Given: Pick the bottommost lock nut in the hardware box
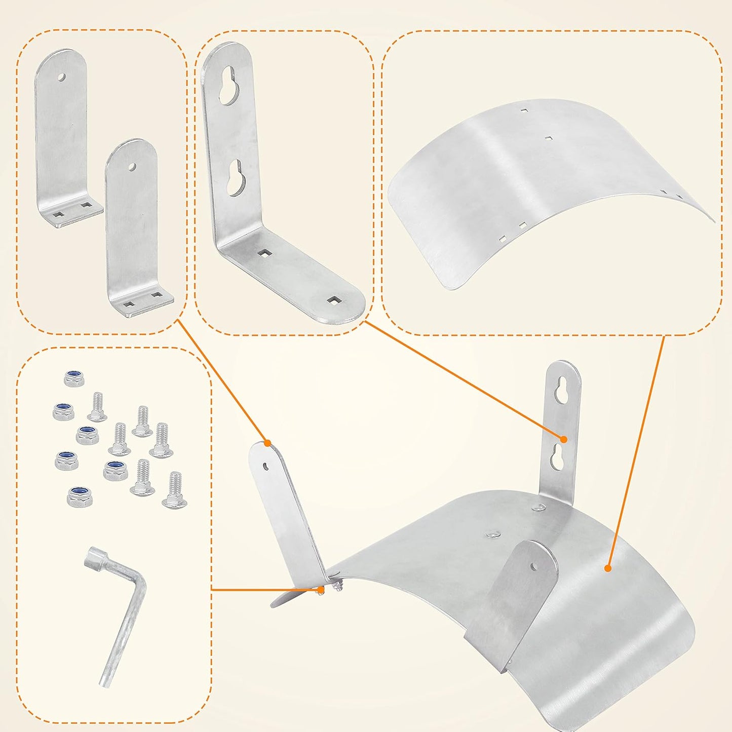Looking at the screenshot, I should tap(80, 496).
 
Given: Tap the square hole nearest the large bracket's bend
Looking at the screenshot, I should tap(264, 252).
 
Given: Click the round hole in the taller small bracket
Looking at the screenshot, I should tap(61, 77).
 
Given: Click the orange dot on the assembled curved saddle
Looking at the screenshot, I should tap(607, 568).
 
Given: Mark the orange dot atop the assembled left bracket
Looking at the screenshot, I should tap(267, 443).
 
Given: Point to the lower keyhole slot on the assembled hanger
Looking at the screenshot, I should tap(558, 457).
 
